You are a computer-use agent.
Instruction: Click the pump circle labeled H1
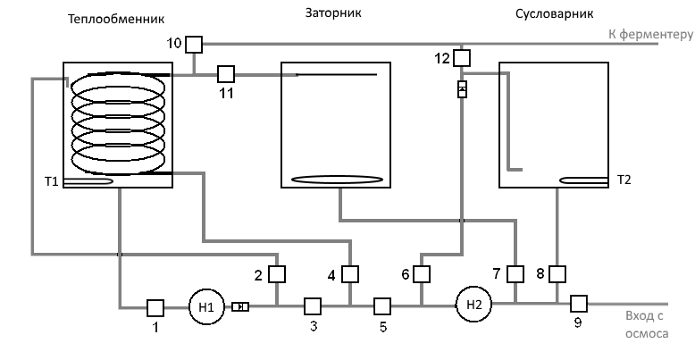[206, 306]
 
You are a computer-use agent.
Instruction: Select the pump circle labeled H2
[473, 305]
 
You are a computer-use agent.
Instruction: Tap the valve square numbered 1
[154, 306]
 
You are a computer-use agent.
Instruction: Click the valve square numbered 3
[313, 306]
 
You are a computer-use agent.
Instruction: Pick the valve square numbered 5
[382, 306]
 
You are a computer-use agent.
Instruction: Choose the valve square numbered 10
[194, 43]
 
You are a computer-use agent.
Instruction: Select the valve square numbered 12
[461, 58]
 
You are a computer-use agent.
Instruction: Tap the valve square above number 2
[277, 273]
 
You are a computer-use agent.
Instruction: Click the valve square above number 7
[515, 272]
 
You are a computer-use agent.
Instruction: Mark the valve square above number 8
[557, 272]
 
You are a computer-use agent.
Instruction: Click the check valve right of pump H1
[240, 306]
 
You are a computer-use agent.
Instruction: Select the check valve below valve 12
[461, 88]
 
